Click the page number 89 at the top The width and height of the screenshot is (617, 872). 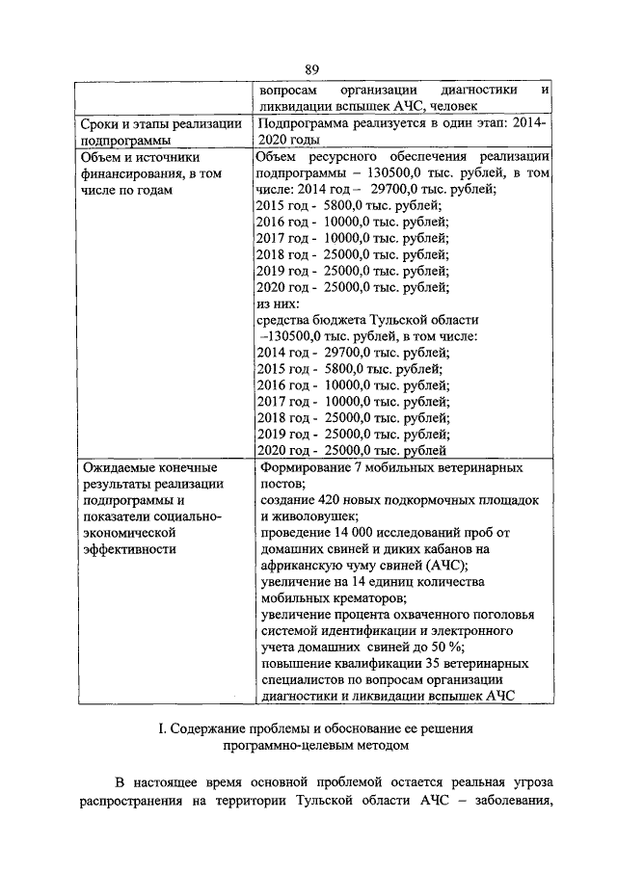pos(311,68)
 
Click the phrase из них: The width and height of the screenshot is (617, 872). pos(281,303)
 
